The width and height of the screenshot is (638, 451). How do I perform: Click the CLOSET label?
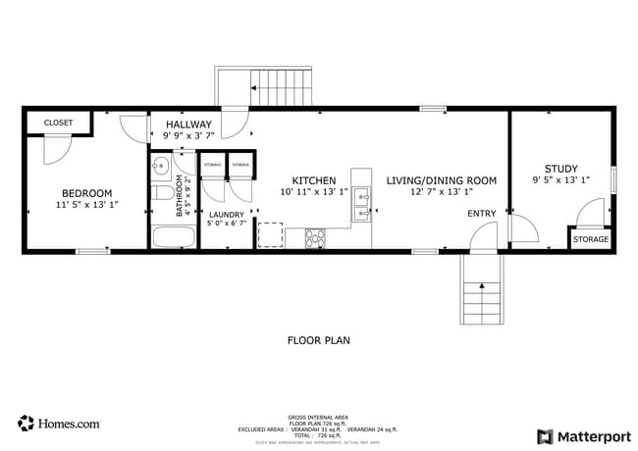pyautogui.click(x=58, y=123)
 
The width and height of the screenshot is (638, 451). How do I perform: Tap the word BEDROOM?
pyautogui.click(x=86, y=193)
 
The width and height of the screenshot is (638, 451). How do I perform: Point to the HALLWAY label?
pyautogui.click(x=187, y=125)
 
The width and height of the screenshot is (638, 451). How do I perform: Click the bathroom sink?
pyautogui.click(x=161, y=167)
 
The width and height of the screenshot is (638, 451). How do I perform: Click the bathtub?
pyautogui.click(x=174, y=236)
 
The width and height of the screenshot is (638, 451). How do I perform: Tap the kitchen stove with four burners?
pyautogui.click(x=316, y=236)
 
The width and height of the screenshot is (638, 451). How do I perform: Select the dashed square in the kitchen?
pyautogui.click(x=270, y=235)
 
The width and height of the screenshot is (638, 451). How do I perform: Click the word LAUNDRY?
pyautogui.click(x=226, y=214)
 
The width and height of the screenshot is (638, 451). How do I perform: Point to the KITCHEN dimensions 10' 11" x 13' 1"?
pyautogui.click(x=314, y=193)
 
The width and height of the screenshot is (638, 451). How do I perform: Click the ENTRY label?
pyautogui.click(x=481, y=214)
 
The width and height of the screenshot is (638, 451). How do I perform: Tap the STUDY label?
pyautogui.click(x=561, y=169)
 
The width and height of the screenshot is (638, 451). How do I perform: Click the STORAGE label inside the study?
pyautogui.click(x=591, y=239)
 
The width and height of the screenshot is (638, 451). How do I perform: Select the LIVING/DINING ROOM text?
pyautogui.click(x=441, y=181)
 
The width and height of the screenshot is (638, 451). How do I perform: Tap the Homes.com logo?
pyautogui.click(x=59, y=424)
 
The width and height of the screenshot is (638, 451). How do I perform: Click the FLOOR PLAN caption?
pyautogui.click(x=318, y=341)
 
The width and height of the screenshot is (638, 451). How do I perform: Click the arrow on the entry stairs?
pyautogui.click(x=481, y=287)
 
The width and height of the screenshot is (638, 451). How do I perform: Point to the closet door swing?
pyautogui.click(x=57, y=148)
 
